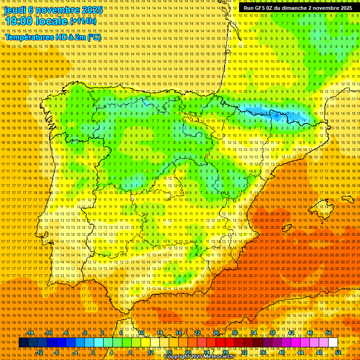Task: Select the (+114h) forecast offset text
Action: pos(83,21)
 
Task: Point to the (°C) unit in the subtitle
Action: pos(94,37)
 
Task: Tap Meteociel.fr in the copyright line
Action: pos(220,357)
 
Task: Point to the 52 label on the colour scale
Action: pos(338,352)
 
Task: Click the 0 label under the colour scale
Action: pos(93,352)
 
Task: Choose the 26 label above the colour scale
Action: pos(216,333)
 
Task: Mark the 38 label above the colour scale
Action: pos(272,333)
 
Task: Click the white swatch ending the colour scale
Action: pos(333,343)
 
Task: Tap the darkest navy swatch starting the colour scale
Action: pos(23,343)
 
